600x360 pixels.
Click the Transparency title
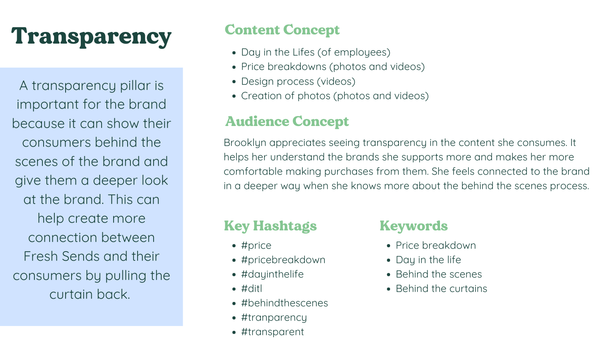[x=91, y=37]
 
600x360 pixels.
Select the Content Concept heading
[x=282, y=30]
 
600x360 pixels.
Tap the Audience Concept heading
[x=287, y=122]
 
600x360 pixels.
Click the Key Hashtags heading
[x=270, y=226]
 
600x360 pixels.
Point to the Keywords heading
[x=414, y=226]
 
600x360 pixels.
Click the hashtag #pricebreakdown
[x=283, y=260]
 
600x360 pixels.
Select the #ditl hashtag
[x=251, y=289]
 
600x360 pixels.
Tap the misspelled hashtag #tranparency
[x=274, y=318]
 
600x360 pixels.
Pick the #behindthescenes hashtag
[x=284, y=303]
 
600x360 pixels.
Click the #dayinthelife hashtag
[x=272, y=274]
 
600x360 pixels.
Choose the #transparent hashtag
[x=272, y=332]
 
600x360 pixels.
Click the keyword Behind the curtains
[x=441, y=289]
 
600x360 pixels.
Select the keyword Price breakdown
[x=436, y=246]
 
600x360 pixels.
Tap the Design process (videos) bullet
[x=298, y=82]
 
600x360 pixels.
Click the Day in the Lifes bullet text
[x=316, y=52]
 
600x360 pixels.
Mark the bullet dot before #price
[x=234, y=246]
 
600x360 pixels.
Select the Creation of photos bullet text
[x=335, y=96]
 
